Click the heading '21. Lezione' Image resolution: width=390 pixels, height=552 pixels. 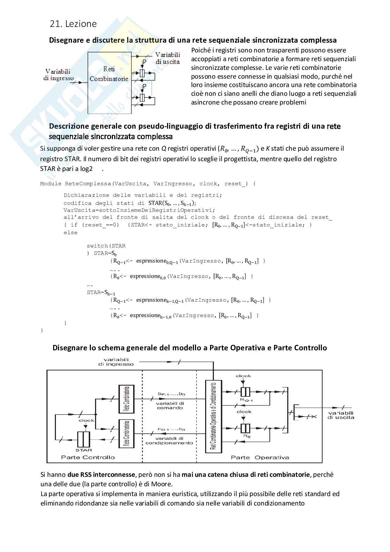(73, 24)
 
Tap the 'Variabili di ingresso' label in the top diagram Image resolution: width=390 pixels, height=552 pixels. (59, 75)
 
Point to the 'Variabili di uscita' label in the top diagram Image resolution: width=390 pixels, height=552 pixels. (167, 58)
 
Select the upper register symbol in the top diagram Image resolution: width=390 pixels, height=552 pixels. (142, 73)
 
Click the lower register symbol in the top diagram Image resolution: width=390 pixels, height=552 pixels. (142, 98)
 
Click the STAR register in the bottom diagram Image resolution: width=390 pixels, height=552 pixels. (84, 438)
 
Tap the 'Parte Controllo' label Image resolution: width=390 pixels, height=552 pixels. (88, 457)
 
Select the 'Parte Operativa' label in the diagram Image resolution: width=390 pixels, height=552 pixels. (260, 457)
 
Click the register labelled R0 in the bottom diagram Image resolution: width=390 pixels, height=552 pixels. (246, 428)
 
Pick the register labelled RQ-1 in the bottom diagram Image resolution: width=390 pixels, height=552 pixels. (246, 391)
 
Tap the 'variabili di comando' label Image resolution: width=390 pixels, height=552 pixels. (170, 405)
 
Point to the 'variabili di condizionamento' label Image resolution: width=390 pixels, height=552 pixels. (169, 440)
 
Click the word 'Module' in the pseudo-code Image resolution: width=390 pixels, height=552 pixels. (51, 184)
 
